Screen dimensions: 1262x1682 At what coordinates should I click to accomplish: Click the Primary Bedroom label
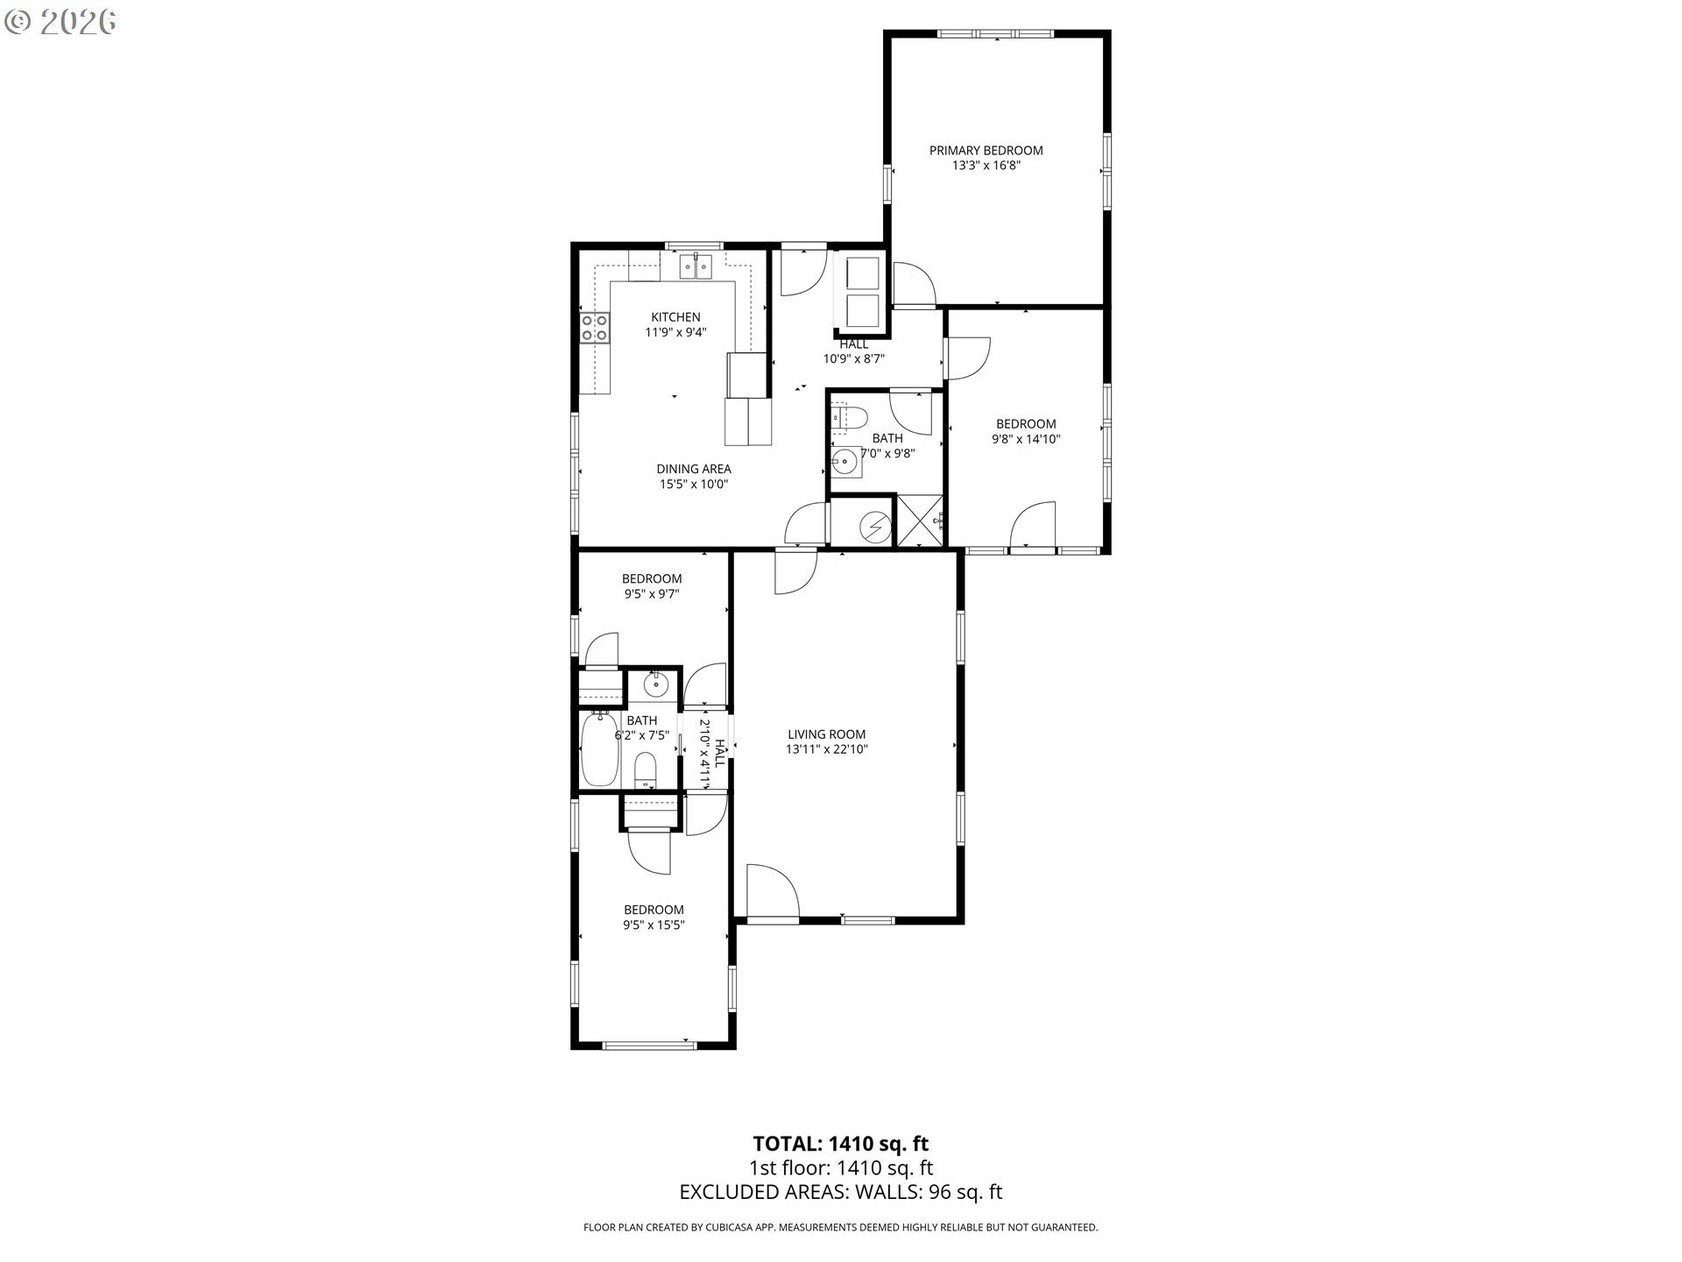point(986,151)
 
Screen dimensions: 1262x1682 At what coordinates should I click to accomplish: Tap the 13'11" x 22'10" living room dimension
point(826,749)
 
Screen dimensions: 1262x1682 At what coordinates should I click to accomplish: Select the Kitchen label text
point(675,317)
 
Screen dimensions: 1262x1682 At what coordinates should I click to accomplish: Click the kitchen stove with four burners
point(596,328)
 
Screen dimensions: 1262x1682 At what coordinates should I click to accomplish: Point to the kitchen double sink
point(697,265)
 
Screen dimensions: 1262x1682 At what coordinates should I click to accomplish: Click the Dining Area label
point(694,469)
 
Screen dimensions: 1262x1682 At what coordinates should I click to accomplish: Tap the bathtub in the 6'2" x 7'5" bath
point(599,749)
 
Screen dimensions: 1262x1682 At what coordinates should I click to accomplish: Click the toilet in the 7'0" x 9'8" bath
point(848,416)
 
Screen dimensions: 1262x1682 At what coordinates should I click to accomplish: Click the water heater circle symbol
point(873,526)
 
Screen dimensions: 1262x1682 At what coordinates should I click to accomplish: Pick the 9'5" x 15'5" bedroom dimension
point(654,925)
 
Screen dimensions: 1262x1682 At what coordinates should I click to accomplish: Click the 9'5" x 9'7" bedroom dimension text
point(652,593)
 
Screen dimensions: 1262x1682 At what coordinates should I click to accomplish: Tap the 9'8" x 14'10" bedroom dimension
point(1026,439)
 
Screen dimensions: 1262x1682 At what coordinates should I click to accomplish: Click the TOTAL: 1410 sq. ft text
point(840,1144)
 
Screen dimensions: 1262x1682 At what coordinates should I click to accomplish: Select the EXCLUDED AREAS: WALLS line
point(840,1192)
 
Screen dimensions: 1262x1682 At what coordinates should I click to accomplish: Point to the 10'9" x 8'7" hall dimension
point(853,358)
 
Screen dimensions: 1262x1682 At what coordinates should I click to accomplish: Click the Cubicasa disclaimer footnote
point(840,1228)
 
